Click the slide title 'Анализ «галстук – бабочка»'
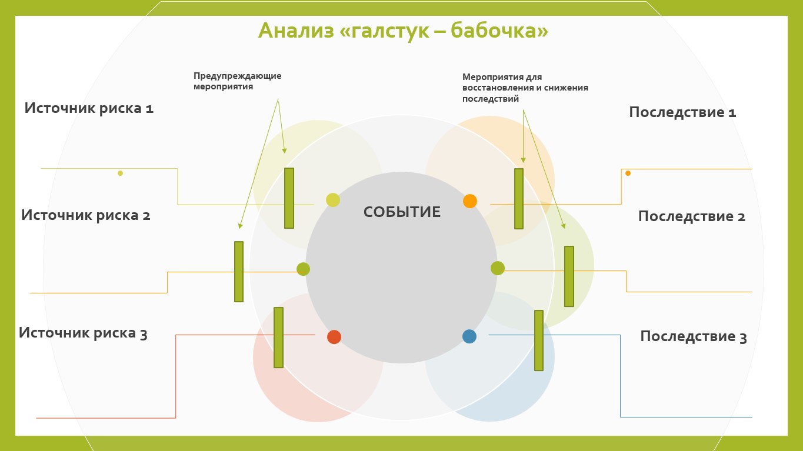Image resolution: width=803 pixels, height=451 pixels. pyautogui.click(x=403, y=31)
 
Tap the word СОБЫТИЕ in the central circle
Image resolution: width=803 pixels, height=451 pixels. pyautogui.click(x=402, y=212)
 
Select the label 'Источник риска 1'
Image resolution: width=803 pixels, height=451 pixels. pyautogui.click(x=89, y=108)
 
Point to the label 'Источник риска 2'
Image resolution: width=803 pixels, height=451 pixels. pyautogui.click(x=86, y=215)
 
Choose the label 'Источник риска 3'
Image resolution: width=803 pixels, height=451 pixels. pyautogui.click(x=83, y=333)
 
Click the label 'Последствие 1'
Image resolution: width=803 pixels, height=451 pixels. pyautogui.click(x=682, y=112)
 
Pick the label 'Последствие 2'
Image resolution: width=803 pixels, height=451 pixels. pyautogui.click(x=691, y=216)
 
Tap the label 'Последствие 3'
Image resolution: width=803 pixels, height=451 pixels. pyautogui.click(x=693, y=336)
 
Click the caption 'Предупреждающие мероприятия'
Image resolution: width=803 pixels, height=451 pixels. pyautogui.click(x=237, y=81)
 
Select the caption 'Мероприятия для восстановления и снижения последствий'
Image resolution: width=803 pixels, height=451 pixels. pyautogui.click(x=525, y=88)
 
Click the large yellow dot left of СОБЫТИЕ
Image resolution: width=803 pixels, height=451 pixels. pyautogui.click(x=333, y=200)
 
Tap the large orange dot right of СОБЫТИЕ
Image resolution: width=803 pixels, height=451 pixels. pyautogui.click(x=469, y=201)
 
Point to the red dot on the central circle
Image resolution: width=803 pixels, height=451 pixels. pyautogui.click(x=334, y=337)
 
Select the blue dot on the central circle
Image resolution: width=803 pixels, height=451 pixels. pyautogui.click(x=469, y=336)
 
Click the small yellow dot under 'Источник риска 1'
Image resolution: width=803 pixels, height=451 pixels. pyautogui.click(x=120, y=173)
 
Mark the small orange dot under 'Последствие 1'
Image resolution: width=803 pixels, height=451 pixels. pyautogui.click(x=628, y=173)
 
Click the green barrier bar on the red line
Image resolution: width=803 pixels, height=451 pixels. pyautogui.click(x=278, y=338)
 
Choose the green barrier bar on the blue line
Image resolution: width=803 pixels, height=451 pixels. pyautogui.click(x=539, y=340)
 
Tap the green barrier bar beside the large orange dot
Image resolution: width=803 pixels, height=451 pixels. pyautogui.click(x=519, y=199)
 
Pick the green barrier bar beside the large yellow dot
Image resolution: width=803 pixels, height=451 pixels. pyautogui.click(x=289, y=198)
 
